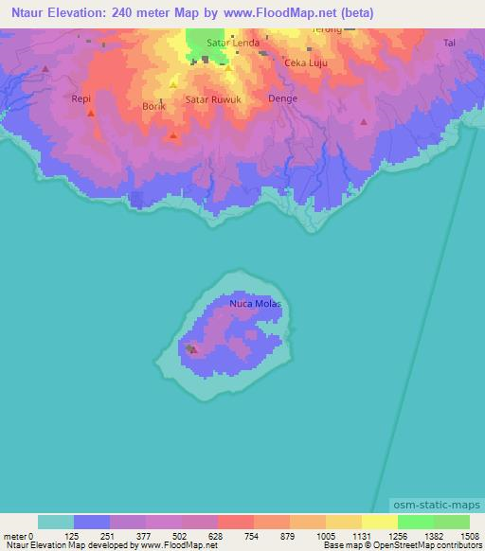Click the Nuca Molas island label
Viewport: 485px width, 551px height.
(256, 304)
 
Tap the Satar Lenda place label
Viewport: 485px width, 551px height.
(239, 43)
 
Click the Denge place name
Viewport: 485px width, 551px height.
(282, 98)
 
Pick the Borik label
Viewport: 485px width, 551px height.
(153, 107)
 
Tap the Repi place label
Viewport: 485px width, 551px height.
(81, 98)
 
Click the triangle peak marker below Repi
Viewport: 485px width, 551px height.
(90, 114)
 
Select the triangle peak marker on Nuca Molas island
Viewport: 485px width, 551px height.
(193, 349)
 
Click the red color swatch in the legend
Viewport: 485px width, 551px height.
(235, 522)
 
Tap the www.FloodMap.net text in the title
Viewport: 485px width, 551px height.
(290, 13)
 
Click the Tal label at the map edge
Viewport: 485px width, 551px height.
(450, 43)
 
